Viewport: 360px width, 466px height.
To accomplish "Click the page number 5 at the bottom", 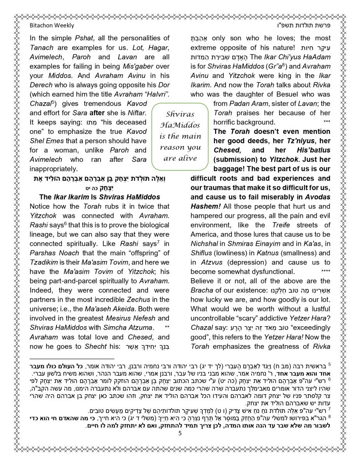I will (180, 433).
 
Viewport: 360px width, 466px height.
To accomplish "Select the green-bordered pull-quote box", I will (180, 136).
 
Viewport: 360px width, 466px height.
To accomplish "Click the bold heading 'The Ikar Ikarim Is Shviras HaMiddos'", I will (100, 197).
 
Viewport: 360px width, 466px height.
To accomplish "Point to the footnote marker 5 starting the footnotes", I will (329, 365).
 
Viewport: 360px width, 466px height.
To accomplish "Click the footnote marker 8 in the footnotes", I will (329, 416).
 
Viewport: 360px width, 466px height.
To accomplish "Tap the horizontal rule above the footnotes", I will (72, 359).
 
